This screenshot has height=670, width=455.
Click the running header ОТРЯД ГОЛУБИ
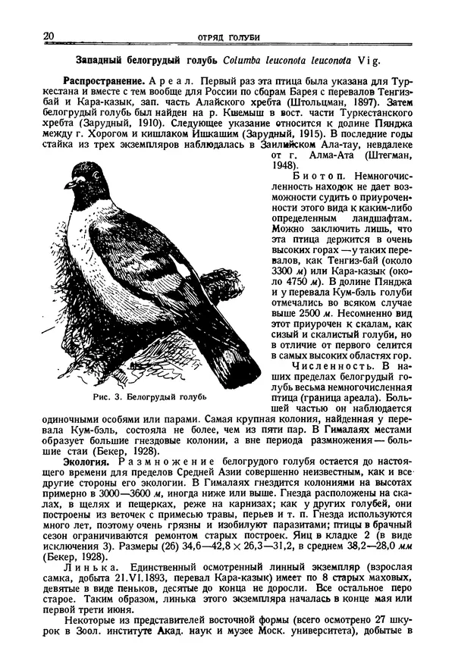click(x=227, y=37)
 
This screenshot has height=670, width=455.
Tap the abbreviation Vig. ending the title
click(x=364, y=60)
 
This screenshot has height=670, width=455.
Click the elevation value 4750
click(x=289, y=280)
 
